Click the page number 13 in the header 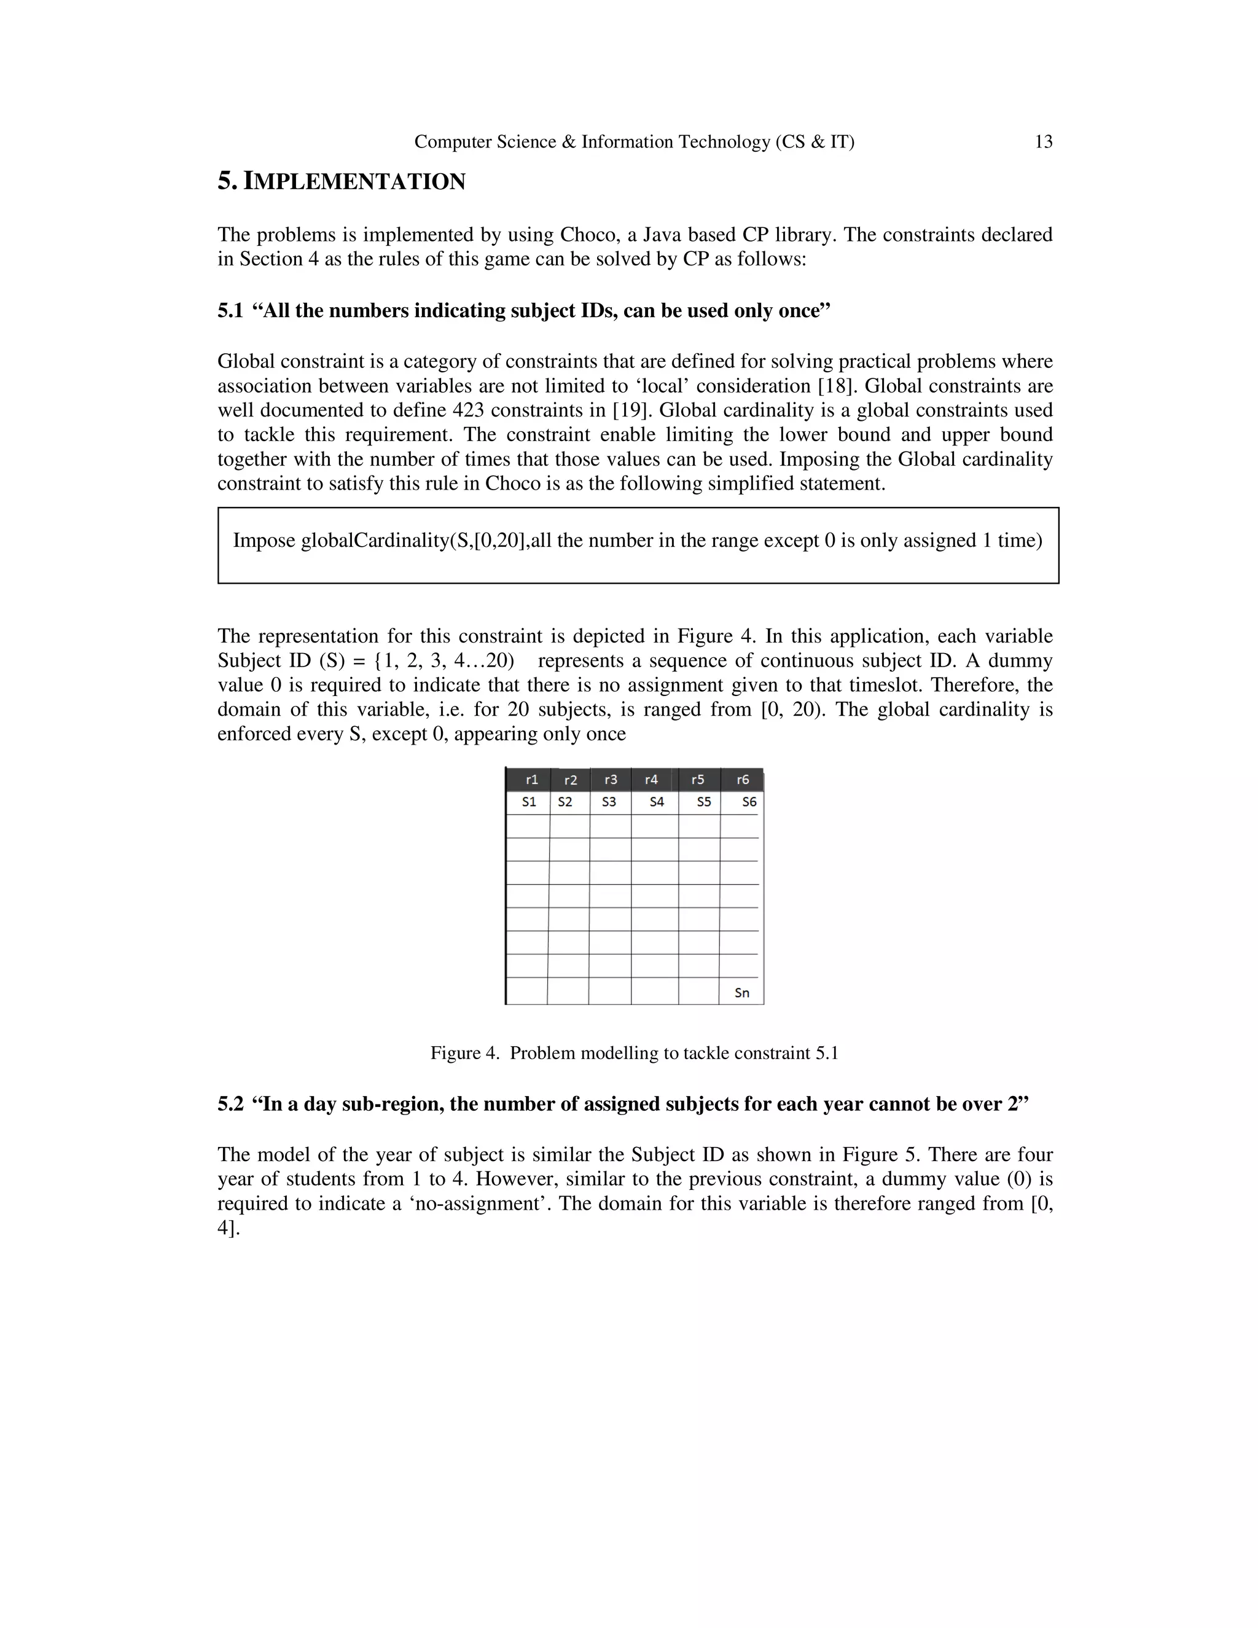tap(1044, 142)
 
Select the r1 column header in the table tap(531, 780)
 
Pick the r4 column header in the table tap(651, 780)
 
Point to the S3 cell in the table tap(609, 802)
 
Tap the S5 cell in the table tap(703, 802)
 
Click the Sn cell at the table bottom tap(741, 993)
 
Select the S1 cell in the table tap(529, 802)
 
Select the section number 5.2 tap(230, 1104)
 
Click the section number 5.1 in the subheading tap(230, 311)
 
